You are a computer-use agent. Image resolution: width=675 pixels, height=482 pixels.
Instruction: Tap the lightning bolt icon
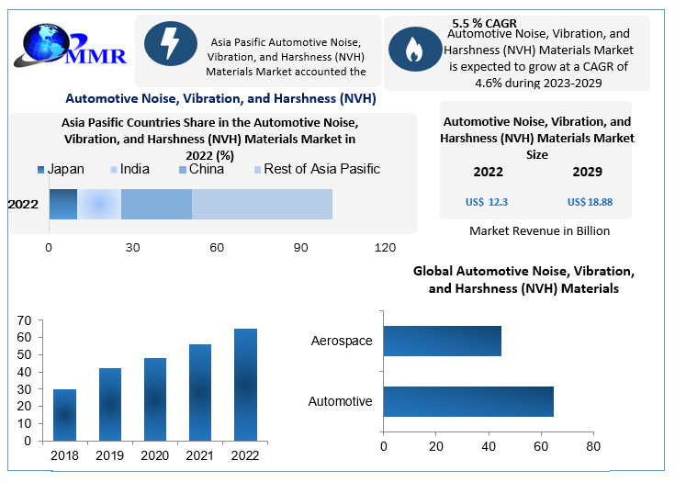pyautogui.click(x=170, y=42)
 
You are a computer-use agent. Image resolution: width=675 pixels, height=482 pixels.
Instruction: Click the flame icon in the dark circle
pyautogui.click(x=415, y=50)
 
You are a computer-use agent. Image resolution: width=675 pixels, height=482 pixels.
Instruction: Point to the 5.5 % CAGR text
pyautogui.click(x=484, y=23)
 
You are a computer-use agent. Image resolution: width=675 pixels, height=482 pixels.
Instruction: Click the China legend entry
pyautogui.click(x=200, y=169)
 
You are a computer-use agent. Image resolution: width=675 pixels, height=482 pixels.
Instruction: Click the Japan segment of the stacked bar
pyautogui.click(x=62, y=204)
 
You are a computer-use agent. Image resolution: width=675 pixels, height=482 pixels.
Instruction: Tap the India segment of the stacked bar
pyautogui.click(x=98, y=204)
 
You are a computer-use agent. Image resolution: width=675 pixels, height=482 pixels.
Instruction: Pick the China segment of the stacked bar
pyautogui.click(x=156, y=204)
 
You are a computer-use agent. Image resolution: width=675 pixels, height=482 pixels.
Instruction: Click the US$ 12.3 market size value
pyautogui.click(x=488, y=202)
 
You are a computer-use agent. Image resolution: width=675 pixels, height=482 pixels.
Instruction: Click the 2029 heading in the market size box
pyautogui.click(x=588, y=173)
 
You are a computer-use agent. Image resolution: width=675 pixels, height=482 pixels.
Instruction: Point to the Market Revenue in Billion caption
pyautogui.click(x=539, y=230)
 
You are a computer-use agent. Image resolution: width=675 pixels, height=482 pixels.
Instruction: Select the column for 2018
pyautogui.click(x=65, y=414)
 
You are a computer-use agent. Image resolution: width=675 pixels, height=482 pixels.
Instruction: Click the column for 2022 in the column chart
pyautogui.click(x=246, y=384)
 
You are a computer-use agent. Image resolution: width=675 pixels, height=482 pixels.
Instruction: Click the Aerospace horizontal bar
pyautogui.click(x=442, y=341)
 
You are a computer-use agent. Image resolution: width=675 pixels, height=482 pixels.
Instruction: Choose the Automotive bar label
pyautogui.click(x=340, y=401)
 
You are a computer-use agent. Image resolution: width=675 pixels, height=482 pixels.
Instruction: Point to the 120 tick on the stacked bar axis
pyautogui.click(x=386, y=248)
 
